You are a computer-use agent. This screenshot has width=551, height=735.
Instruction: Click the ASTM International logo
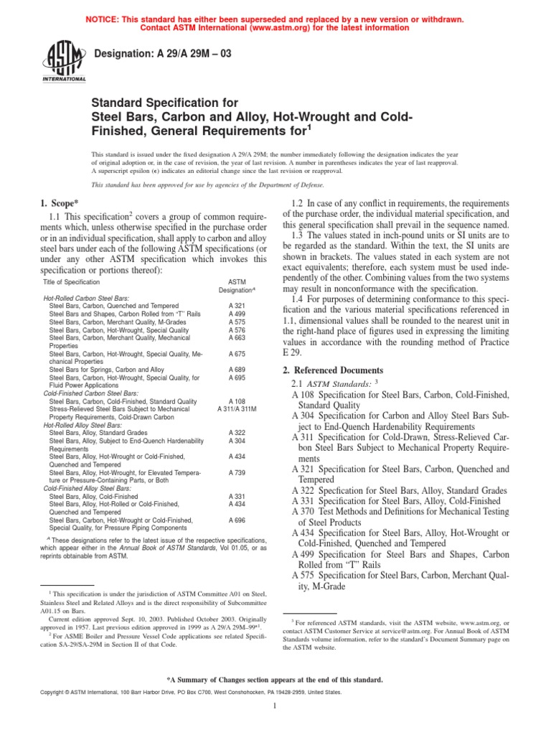pos(66,62)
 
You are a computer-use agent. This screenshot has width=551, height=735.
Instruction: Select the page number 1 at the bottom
pos(275,706)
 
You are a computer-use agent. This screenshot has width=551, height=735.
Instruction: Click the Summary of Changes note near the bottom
pos(275,679)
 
